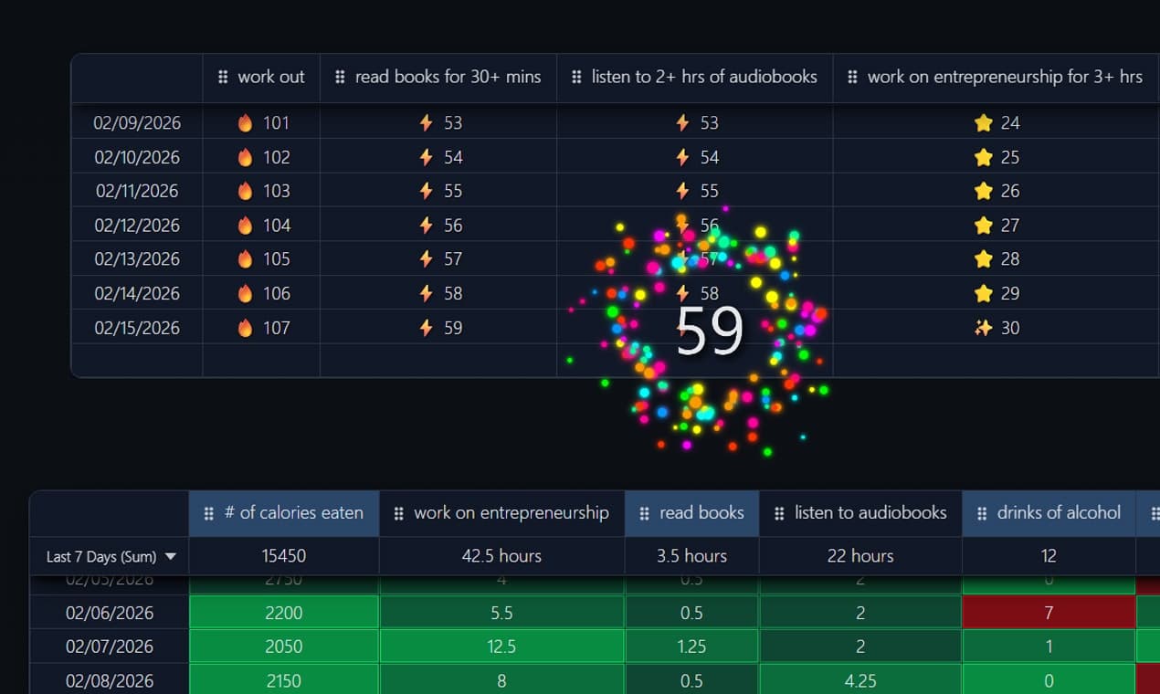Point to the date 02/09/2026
click(137, 123)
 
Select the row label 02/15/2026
click(137, 328)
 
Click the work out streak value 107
click(276, 328)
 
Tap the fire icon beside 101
click(245, 123)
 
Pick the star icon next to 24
click(983, 123)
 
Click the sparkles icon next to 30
click(983, 328)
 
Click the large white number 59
click(710, 331)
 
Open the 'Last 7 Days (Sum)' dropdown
click(111, 556)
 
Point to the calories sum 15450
click(283, 556)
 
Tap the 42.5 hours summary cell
click(501, 556)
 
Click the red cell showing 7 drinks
click(1049, 613)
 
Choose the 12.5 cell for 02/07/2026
click(501, 647)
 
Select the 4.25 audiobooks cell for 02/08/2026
click(859, 681)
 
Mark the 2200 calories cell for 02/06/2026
click(283, 613)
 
